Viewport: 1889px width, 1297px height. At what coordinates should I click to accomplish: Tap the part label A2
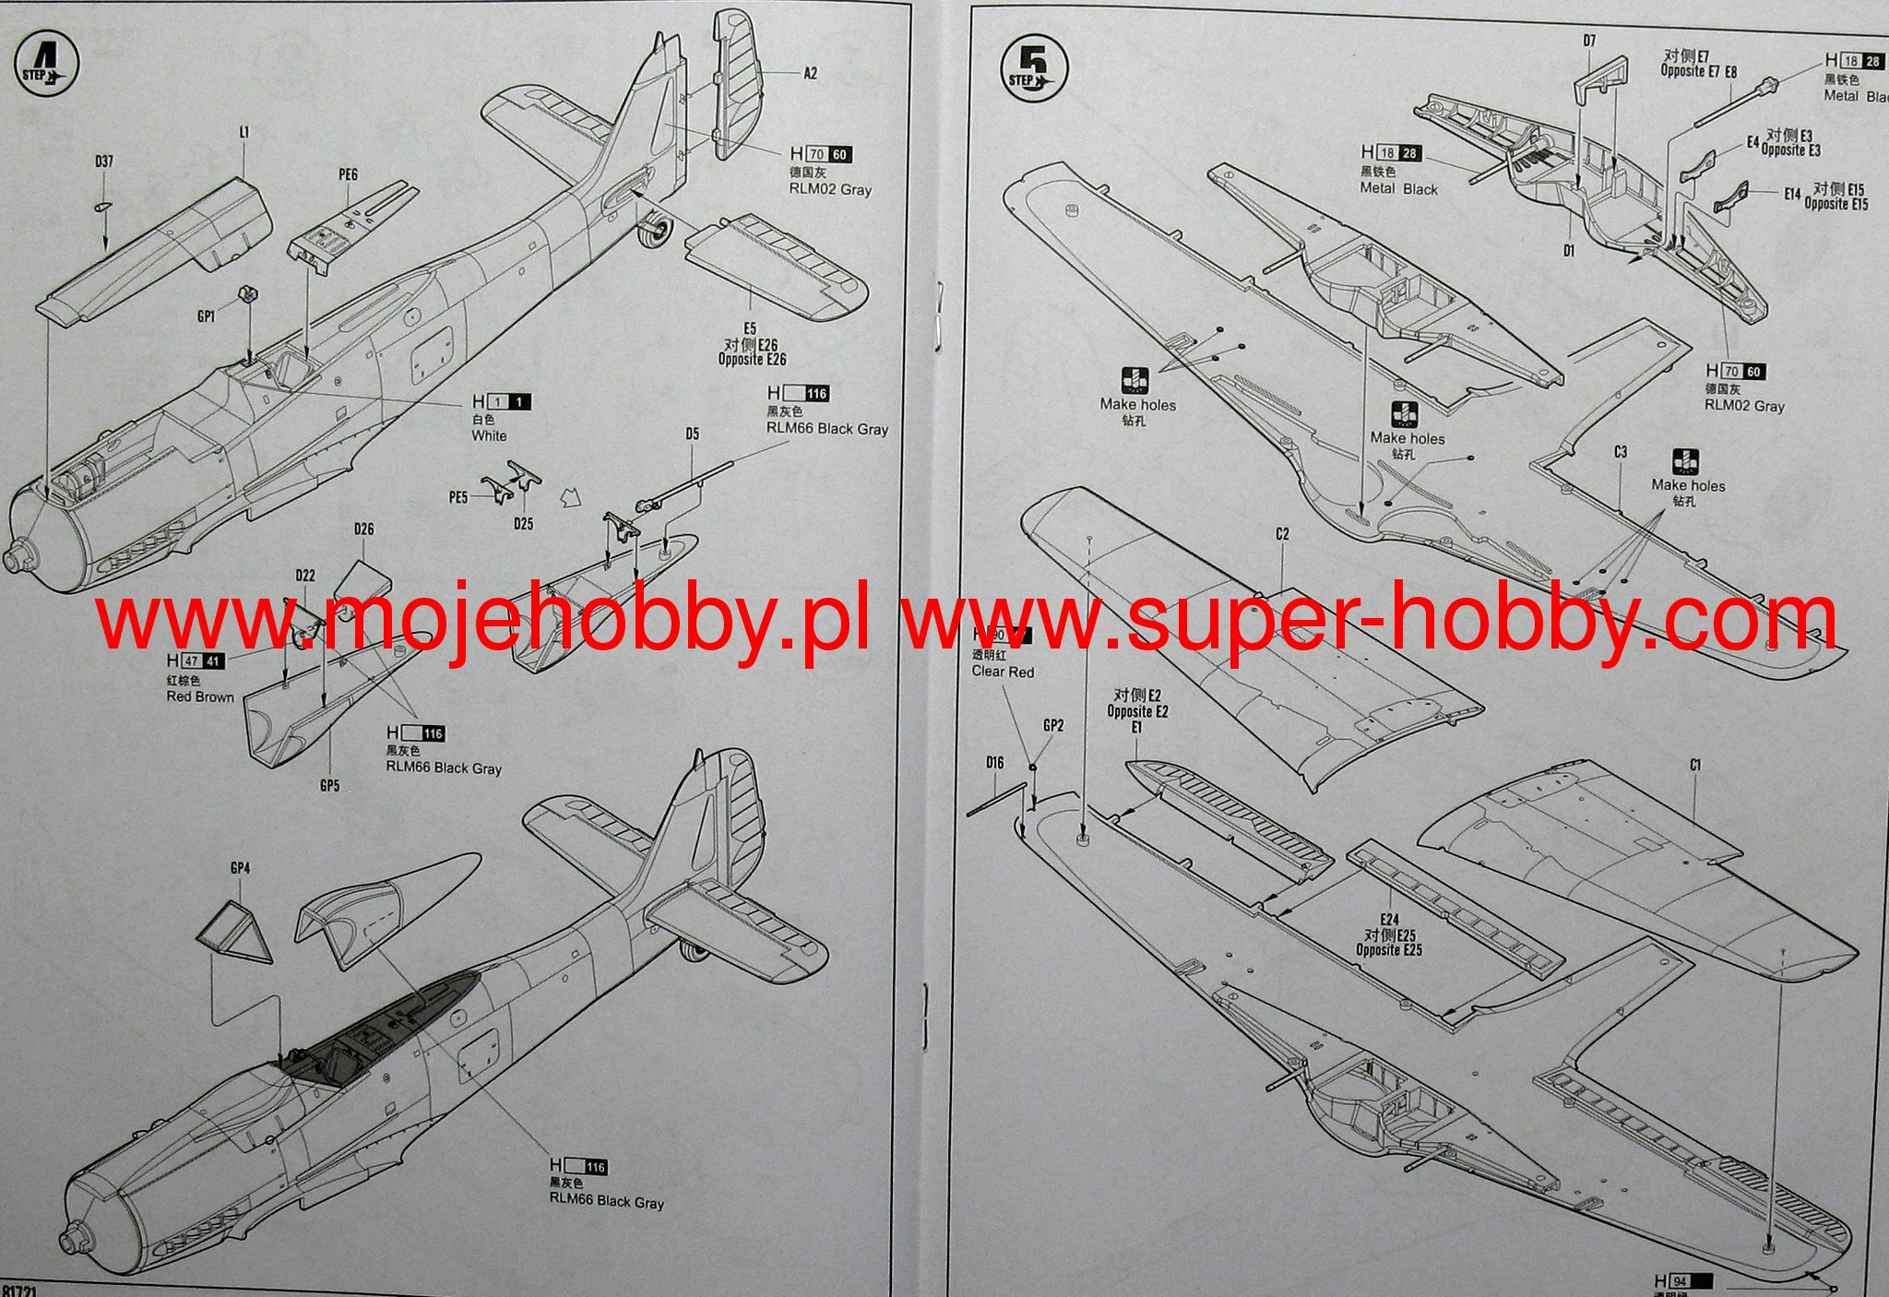pos(810,74)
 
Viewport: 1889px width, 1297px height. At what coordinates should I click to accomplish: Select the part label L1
pos(244,133)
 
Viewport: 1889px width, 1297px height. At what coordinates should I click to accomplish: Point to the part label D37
pos(103,162)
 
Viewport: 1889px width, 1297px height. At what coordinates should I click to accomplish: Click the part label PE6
pos(348,174)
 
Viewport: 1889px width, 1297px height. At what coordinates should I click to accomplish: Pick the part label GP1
pos(206,316)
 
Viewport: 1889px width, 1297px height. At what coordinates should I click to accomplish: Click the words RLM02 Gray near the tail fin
pos(830,189)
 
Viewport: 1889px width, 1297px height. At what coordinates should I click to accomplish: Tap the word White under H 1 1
pos(489,435)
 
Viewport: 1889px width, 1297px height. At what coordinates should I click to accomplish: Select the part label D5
pos(693,434)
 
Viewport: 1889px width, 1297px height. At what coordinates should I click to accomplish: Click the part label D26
pos(363,530)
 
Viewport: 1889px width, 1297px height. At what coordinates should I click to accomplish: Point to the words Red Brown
pos(200,696)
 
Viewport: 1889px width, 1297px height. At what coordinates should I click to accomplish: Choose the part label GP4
pos(240,868)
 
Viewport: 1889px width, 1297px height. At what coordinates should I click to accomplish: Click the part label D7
pos(1588,41)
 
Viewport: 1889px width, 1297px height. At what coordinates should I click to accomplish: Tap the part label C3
pos(1620,452)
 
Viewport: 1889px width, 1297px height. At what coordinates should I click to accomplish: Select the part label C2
pos(1282,534)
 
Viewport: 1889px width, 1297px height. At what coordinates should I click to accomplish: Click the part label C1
pos(1695,765)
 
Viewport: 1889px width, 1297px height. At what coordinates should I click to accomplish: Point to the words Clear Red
pos(1003,672)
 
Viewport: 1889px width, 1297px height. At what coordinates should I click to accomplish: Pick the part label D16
pos(994,763)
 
